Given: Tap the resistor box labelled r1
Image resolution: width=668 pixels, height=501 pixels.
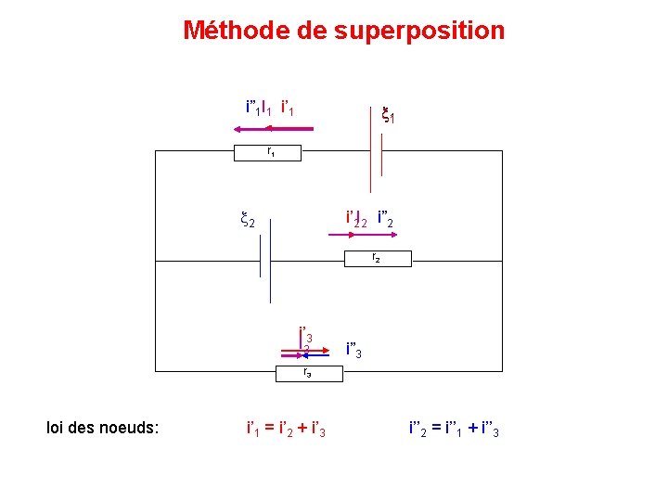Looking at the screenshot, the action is pyautogui.click(x=271, y=151).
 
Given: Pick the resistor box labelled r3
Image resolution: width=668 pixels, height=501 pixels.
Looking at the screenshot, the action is pyautogui.click(x=306, y=374).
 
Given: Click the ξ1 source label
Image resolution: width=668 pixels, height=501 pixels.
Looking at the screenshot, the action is pyautogui.click(x=389, y=115).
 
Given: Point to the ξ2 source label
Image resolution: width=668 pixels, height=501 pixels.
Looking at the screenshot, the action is pyautogui.click(x=247, y=221).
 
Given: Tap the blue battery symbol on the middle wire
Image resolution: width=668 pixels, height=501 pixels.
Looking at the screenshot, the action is pyautogui.click(x=266, y=263).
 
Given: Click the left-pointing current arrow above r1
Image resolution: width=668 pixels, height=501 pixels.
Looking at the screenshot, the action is pyautogui.click(x=275, y=129).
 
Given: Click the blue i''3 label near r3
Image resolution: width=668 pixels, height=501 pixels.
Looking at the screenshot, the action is pyautogui.click(x=358, y=351).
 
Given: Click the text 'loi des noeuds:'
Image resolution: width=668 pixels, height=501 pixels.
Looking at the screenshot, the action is pyautogui.click(x=102, y=428).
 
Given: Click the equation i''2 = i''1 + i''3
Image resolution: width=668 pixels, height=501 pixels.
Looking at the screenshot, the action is pyautogui.click(x=454, y=429).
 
